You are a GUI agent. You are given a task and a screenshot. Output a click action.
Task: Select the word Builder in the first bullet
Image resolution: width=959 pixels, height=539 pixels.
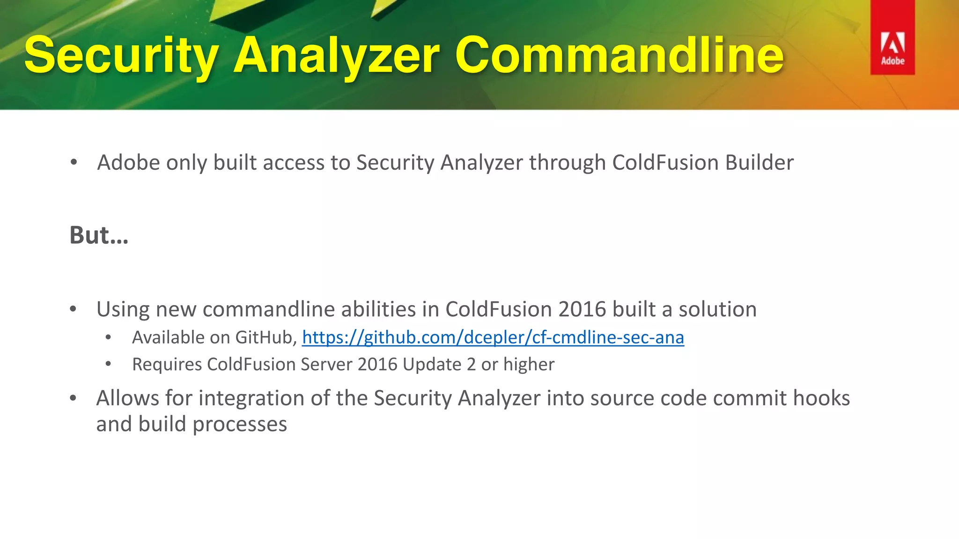click(759, 163)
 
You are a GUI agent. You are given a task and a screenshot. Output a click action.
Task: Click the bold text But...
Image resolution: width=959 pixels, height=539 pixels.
click(98, 235)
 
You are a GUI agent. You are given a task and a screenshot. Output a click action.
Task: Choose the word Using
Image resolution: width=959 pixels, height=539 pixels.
click(123, 309)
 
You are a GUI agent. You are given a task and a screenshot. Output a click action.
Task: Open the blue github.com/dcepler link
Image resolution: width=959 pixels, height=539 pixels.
click(493, 337)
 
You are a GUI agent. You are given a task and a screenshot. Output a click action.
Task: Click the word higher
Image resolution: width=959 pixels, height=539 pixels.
click(529, 364)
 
